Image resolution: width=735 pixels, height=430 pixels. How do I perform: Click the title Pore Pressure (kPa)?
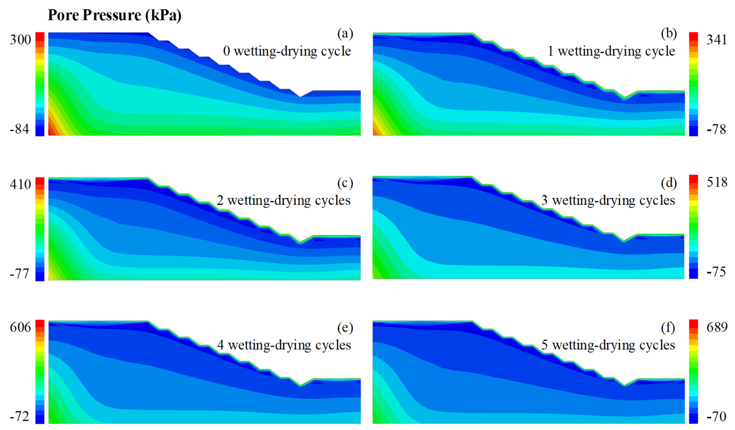[114, 15]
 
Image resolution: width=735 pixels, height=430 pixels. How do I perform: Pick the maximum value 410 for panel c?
[20, 184]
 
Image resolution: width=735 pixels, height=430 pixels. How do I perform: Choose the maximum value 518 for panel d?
[717, 182]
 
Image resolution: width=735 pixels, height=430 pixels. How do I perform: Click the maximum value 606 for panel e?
[20, 327]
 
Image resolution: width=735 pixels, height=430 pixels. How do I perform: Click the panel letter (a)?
[345, 34]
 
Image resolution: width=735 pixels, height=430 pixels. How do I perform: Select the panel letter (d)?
[669, 183]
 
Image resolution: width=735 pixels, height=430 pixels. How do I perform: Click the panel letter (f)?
[668, 328]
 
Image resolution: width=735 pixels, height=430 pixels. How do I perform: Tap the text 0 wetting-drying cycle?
[287, 51]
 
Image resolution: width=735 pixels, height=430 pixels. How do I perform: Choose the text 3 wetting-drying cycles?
[608, 200]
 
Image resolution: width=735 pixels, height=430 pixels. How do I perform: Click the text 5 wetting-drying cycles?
[608, 345]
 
